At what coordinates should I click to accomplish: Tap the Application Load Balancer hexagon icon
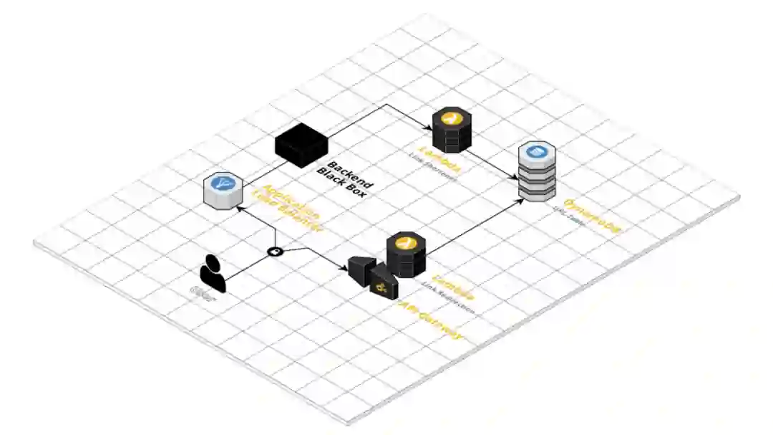pyautogui.click(x=223, y=191)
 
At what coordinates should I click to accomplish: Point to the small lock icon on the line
pyautogui.click(x=275, y=252)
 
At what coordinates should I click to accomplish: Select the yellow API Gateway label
pyautogui.click(x=429, y=321)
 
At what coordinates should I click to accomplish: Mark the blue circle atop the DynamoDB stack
pyautogui.click(x=537, y=151)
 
